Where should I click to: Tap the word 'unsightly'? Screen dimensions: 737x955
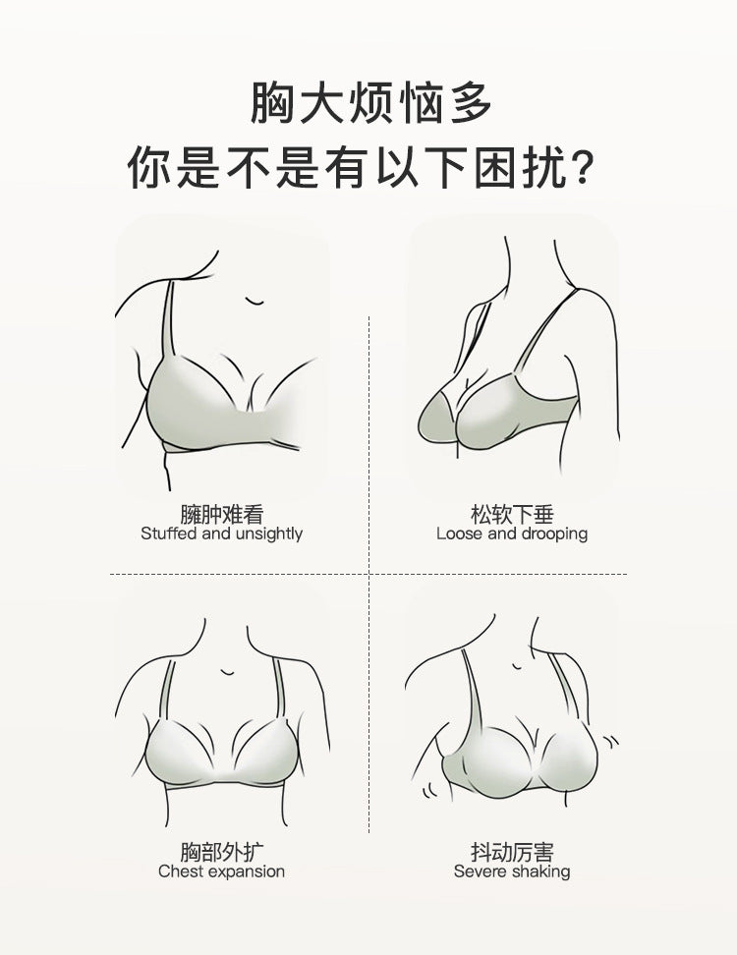pos(268,534)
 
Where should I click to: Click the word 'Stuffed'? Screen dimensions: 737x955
pos(169,534)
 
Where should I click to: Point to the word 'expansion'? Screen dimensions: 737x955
pos(246,872)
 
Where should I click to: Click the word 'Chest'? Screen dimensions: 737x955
pos(180,871)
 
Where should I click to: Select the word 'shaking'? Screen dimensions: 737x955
pos(540,872)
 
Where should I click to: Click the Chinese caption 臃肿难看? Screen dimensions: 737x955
pos(222,515)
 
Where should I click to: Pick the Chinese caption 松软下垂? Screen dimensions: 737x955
pos(512,515)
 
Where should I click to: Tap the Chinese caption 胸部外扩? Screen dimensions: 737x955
pos(222,852)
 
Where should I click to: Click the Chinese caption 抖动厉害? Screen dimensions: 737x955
pos(512,852)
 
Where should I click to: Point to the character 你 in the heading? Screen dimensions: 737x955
pos(149,166)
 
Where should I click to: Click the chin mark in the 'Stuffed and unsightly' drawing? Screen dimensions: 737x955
pos(255,301)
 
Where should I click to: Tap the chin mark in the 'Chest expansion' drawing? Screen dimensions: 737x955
pos(227,671)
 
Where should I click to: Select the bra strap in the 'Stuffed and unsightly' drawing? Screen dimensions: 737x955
pos(167,319)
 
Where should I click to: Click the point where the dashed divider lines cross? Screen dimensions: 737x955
pos(369,574)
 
